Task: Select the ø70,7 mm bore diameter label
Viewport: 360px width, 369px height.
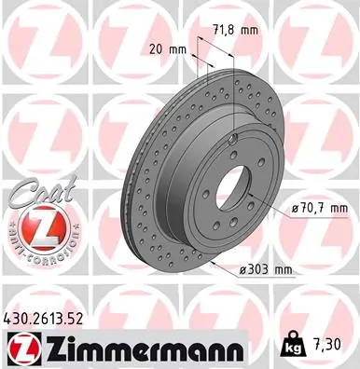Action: coord(317,207)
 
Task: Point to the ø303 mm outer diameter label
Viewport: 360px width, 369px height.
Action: coord(265,270)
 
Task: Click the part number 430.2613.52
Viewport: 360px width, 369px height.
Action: coord(48,320)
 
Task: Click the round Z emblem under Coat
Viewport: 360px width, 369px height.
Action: coord(33,225)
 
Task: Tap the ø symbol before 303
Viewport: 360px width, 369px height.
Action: coord(242,270)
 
